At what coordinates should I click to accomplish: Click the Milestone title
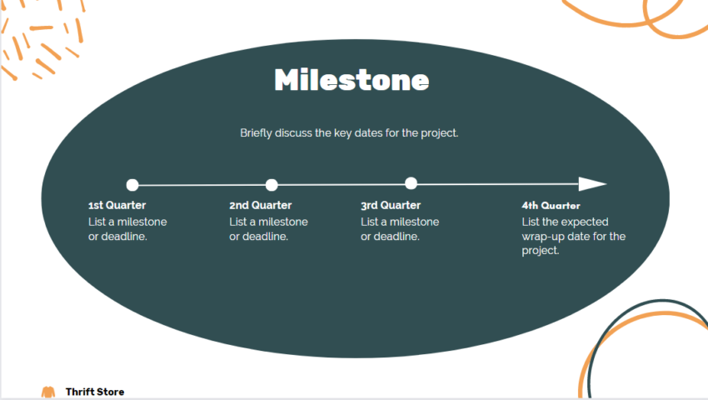point(352,80)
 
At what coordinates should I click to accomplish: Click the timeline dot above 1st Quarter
point(132,185)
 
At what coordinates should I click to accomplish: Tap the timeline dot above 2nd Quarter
point(272,185)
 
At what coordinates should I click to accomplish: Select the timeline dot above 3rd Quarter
point(411,183)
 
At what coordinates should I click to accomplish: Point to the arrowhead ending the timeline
point(592,184)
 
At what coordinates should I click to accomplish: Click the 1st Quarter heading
point(117,205)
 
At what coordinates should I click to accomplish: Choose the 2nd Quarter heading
point(260,205)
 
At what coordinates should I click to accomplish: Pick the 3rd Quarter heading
point(391,205)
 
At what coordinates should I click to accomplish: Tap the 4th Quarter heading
point(551,205)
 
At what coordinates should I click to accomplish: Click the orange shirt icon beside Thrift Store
point(48,392)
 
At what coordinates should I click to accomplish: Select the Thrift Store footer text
point(95,392)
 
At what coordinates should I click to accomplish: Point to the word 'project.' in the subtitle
point(440,132)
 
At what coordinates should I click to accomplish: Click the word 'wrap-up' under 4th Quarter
point(544,236)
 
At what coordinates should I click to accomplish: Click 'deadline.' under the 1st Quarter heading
point(123,236)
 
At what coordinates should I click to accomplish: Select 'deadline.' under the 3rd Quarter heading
point(396,236)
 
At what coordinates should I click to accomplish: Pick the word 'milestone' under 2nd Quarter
point(283,222)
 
